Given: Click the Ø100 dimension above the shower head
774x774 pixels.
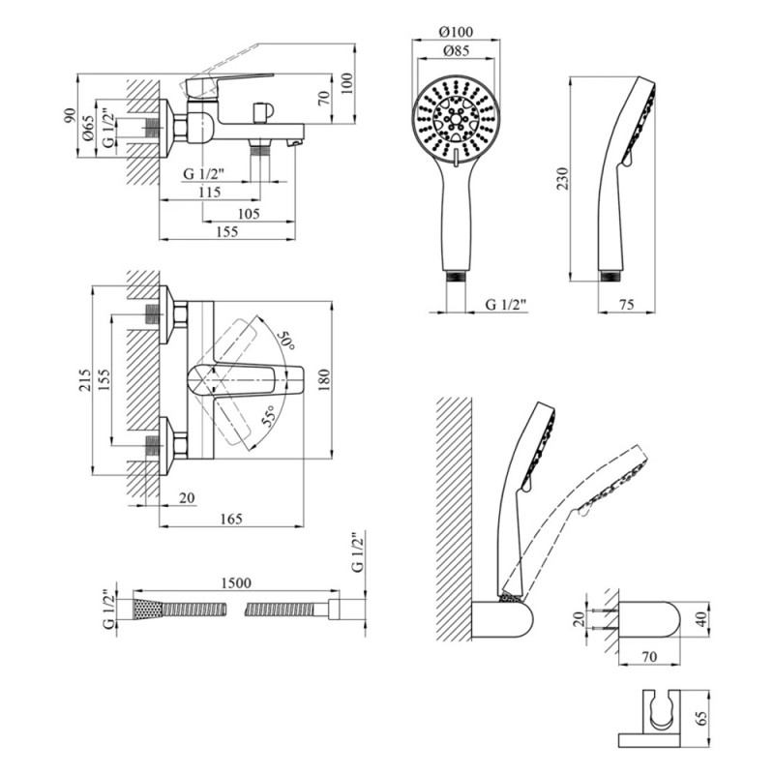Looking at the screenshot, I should pyautogui.click(x=457, y=30).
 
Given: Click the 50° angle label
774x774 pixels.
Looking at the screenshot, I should pyautogui.click(x=285, y=340).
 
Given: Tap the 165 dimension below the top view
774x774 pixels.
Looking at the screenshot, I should pyautogui.click(x=230, y=519).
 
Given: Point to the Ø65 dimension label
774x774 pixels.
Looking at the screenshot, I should pyautogui.click(x=88, y=130).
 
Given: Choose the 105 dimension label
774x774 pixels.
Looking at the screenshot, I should pyautogui.click(x=249, y=213).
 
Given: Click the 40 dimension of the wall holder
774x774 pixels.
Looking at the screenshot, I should pyautogui.click(x=703, y=617).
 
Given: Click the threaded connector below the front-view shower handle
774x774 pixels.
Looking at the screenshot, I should pyautogui.click(x=457, y=279).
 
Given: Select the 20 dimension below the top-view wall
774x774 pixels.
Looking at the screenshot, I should pyautogui.click(x=186, y=498).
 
